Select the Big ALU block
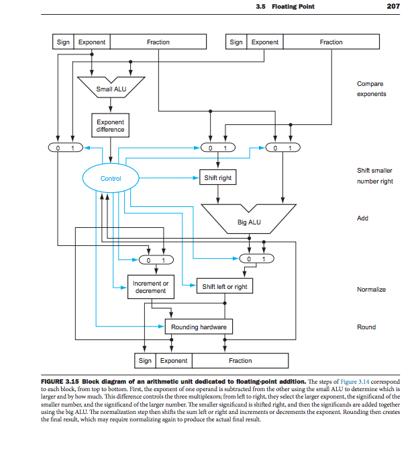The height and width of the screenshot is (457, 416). pos(249,221)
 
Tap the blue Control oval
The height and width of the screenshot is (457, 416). pos(111,179)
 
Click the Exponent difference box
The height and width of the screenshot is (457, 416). pos(110,126)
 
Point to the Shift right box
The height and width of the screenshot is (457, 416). pos(217,178)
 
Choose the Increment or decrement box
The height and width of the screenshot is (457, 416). pos(150,287)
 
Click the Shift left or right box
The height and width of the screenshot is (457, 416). pos(225,287)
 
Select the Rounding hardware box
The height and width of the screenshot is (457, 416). pos(199,327)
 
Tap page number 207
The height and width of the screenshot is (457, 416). pos(394,7)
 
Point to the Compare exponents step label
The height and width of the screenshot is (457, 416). pos(371,89)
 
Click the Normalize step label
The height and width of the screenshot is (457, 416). pos(371,290)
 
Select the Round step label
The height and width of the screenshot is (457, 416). pos(366,327)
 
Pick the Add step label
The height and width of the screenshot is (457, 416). pos(363,218)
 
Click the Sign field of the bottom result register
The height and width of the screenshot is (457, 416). pos(146,361)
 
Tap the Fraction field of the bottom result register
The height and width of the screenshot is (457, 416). pos(240,361)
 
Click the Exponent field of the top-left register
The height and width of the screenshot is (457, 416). pos(92,42)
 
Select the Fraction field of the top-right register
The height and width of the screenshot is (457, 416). pos(331,42)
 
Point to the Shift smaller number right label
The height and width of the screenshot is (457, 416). pos(375,177)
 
